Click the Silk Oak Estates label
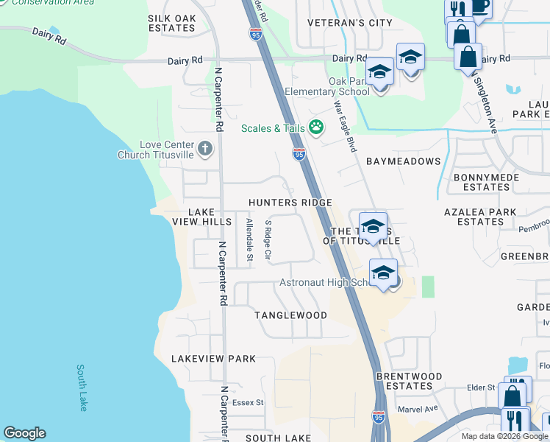pos(171,23)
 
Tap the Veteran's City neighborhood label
pos(350,23)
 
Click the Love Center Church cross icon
pos(205,150)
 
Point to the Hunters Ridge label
pos(290,203)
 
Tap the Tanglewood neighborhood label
pos(290,315)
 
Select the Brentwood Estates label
pos(409,381)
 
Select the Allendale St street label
pos(249,239)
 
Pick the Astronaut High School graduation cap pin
pos(383,273)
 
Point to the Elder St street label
pos(482,387)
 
